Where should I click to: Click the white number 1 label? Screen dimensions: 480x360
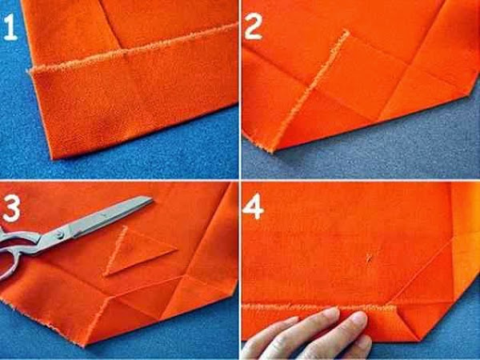pyautogui.click(x=10, y=27)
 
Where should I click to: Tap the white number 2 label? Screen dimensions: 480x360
pyautogui.click(x=253, y=26)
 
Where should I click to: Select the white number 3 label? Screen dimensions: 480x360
pyautogui.click(x=11, y=208)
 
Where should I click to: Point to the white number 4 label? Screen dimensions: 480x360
pyautogui.click(x=253, y=206)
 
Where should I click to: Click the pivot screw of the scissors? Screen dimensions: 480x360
pyautogui.click(x=59, y=235)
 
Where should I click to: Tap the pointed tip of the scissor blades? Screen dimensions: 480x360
pyautogui.click(x=152, y=199)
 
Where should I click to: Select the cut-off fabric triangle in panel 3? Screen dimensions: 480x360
pyautogui.click(x=134, y=253)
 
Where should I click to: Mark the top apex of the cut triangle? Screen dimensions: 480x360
pyautogui.click(x=125, y=227)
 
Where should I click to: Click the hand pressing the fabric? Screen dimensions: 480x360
pyautogui.click(x=309, y=335)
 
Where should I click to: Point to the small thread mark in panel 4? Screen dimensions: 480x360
pyautogui.click(x=370, y=258)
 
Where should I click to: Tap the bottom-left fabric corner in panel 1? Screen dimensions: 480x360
pyautogui.click(x=53, y=158)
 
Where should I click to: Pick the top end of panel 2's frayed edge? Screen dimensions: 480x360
pyautogui.click(x=347, y=31)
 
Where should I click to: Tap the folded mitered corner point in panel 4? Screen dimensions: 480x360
pyautogui.click(x=418, y=341)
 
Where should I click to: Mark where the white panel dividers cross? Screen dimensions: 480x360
pyautogui.click(x=240, y=180)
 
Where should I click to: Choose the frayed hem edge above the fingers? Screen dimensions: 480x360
pyautogui.click(x=319, y=307)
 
